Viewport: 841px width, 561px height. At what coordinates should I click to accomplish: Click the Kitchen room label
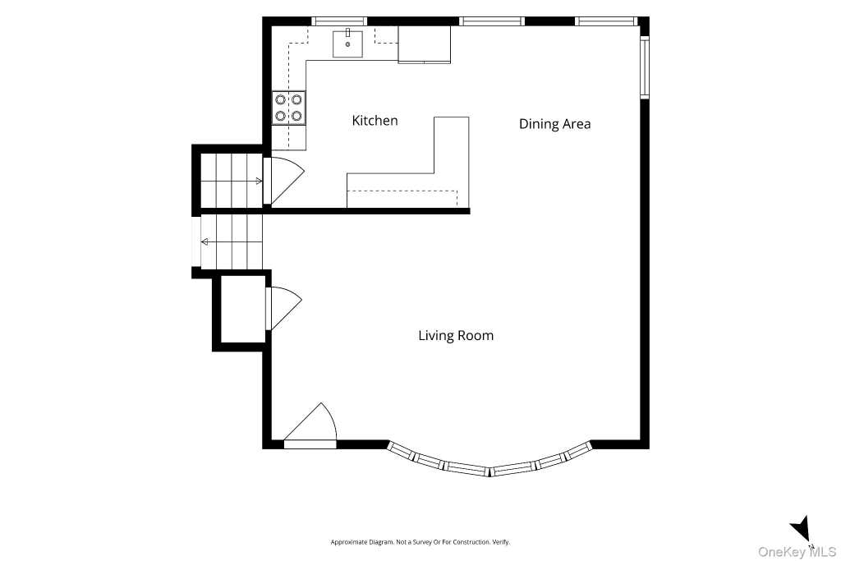coord(375,121)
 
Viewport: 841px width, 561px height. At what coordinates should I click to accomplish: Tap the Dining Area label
coord(554,124)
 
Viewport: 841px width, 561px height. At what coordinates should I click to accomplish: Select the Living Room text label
coord(456,336)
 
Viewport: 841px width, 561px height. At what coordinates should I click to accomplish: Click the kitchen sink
coord(347,44)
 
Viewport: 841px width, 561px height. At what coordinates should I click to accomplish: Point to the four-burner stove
coord(288,108)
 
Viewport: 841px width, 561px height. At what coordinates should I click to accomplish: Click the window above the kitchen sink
coord(339,21)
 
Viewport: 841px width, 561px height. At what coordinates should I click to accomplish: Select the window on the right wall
coord(645,67)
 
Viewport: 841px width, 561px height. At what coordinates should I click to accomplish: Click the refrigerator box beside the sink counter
coord(425,44)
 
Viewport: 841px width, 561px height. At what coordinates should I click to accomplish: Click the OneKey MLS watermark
coord(797,551)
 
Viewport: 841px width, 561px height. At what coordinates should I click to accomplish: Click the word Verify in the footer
coord(502,542)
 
